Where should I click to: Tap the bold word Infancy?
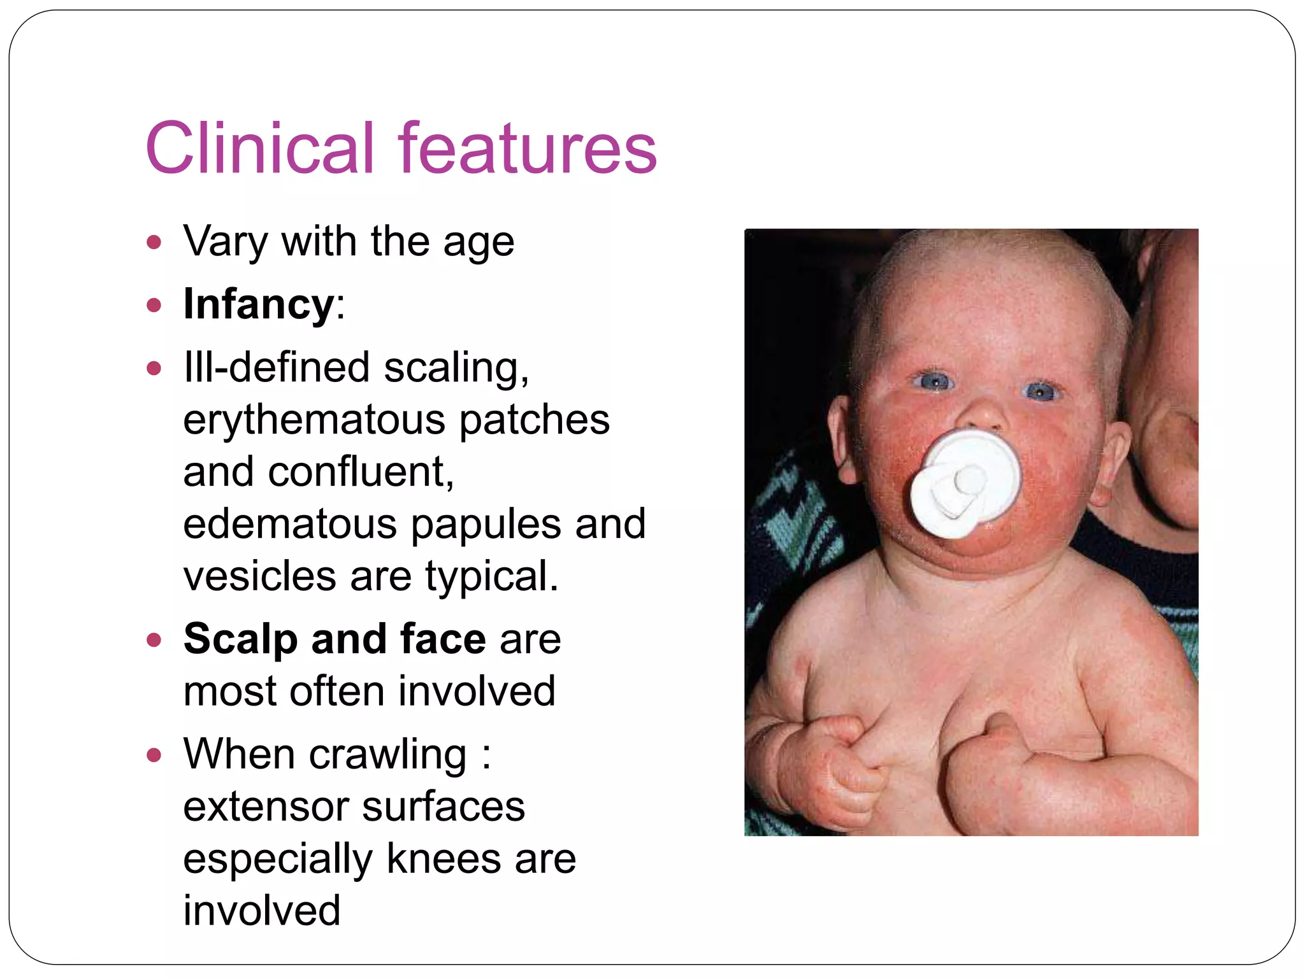click(x=258, y=304)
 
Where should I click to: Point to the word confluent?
click(x=361, y=472)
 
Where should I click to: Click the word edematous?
click(x=290, y=524)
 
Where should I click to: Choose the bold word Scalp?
click(x=240, y=639)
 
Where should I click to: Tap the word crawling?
click(x=389, y=755)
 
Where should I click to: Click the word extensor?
click(x=266, y=807)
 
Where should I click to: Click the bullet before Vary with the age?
click(x=154, y=243)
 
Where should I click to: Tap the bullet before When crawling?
click(x=154, y=756)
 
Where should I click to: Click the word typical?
click(x=491, y=576)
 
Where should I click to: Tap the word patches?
click(x=534, y=420)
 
